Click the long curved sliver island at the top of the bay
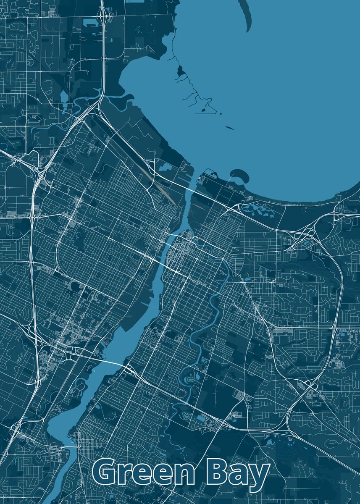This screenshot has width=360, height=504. click(247, 17)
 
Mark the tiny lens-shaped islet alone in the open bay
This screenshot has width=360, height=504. click(229, 128)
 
